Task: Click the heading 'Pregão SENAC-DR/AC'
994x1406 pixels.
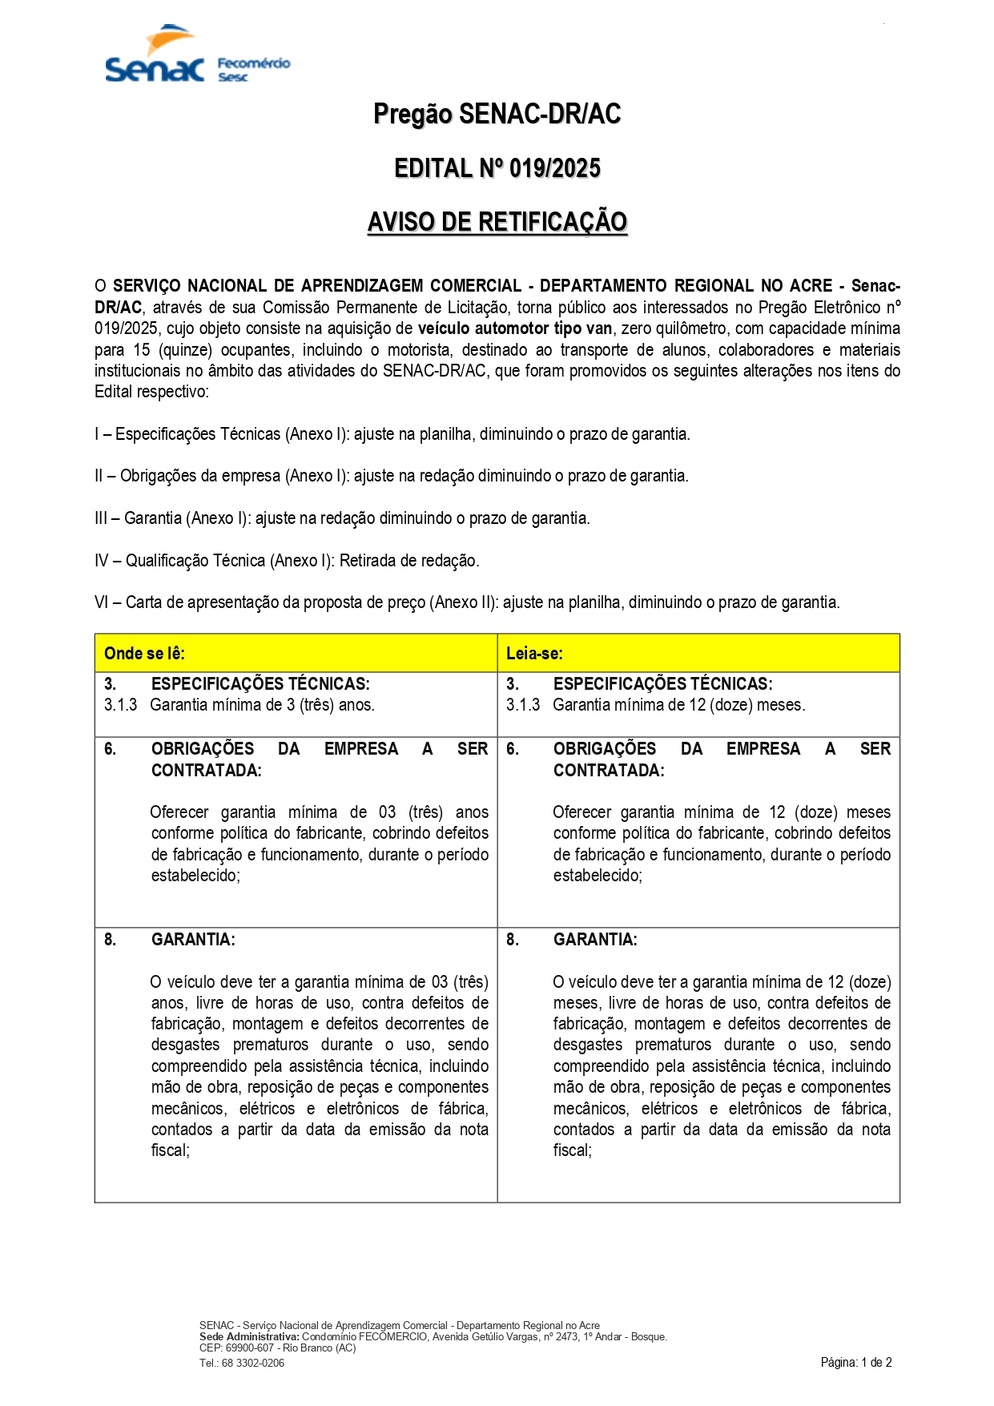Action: (497, 115)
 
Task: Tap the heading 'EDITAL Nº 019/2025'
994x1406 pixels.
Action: (497, 168)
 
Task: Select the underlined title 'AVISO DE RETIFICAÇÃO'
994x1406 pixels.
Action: (497, 222)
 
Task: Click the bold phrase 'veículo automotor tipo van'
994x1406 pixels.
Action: (514, 328)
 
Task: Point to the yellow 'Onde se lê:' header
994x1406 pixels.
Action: (144, 653)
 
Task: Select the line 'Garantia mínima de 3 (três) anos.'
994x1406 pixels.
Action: (262, 705)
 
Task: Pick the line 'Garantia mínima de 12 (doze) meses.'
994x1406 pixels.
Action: (678, 705)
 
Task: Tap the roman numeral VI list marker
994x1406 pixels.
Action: (101, 602)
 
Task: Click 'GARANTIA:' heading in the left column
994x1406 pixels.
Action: (193, 939)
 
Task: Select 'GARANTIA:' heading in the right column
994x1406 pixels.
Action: (595, 939)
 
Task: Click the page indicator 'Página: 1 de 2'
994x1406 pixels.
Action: (855, 1362)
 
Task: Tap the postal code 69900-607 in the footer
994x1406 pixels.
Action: (249, 1348)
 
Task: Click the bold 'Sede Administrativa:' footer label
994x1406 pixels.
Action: (249, 1336)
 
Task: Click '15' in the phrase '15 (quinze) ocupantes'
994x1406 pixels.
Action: (141, 350)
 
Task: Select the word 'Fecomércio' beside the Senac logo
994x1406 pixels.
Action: (253, 63)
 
